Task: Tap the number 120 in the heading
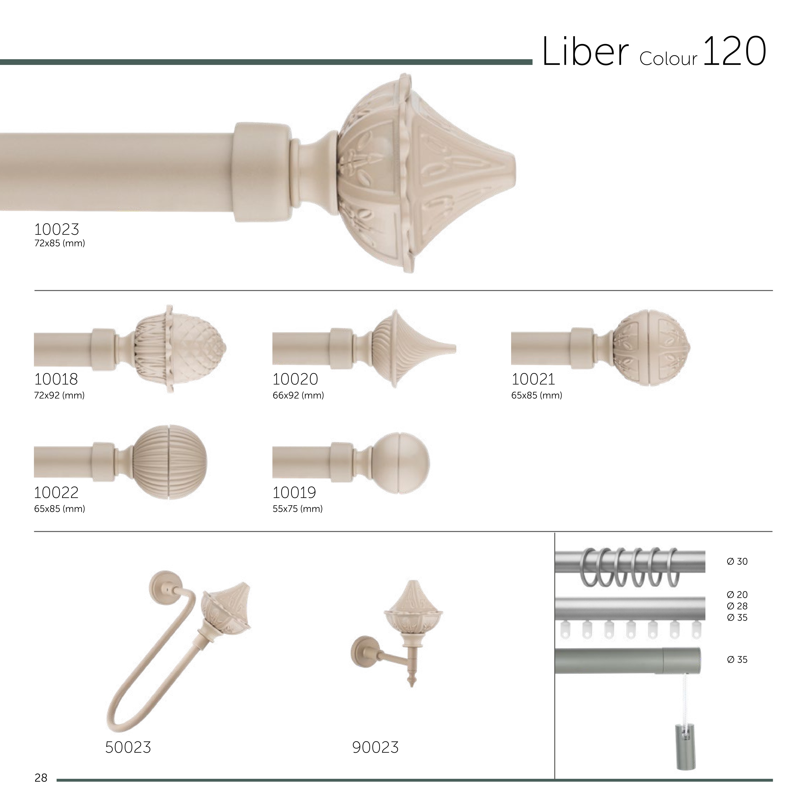(735, 51)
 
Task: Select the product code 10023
(56, 229)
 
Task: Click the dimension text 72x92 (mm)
(59, 395)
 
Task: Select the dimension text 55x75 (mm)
(298, 509)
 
